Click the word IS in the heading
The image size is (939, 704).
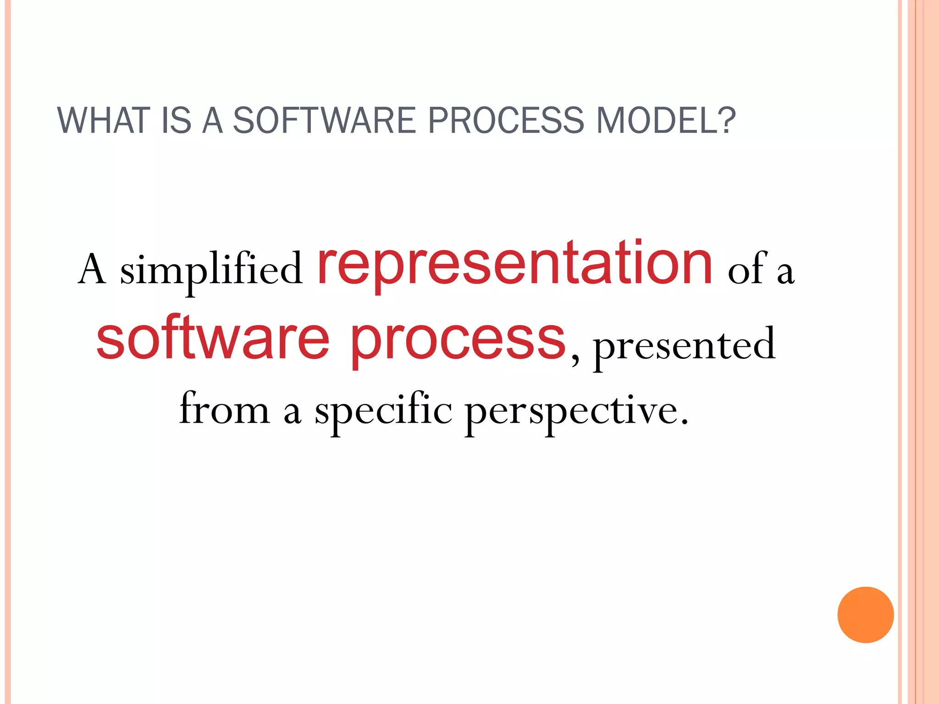[176, 121]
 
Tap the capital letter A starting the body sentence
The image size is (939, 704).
[92, 269]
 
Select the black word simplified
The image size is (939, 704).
[211, 270]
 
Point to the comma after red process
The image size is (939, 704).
[575, 360]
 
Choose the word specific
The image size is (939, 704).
[383, 411]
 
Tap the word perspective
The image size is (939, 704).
[571, 411]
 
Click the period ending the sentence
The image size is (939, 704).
[685, 421]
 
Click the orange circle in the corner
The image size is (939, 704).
[865, 615]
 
